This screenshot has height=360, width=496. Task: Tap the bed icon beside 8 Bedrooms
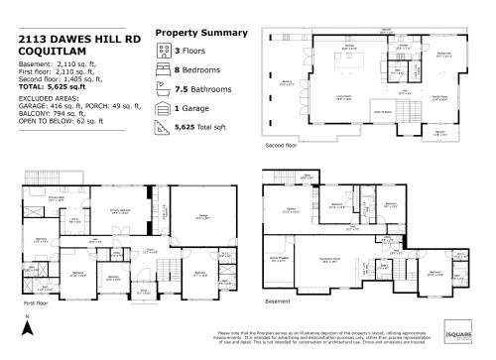coord(164,72)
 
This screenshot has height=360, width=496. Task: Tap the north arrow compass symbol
coord(30,324)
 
